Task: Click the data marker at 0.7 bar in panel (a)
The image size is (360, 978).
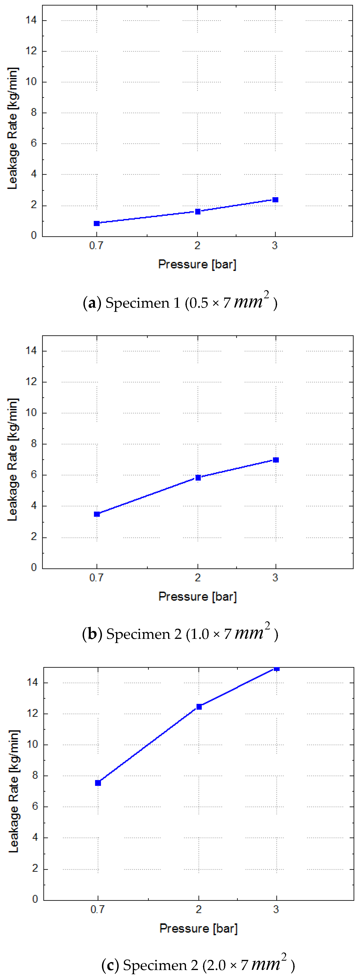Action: [97, 223]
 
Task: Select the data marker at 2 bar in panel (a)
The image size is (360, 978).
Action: [198, 211]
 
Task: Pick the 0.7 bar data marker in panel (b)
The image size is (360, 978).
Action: [97, 514]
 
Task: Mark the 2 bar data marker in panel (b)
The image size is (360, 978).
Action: [198, 478]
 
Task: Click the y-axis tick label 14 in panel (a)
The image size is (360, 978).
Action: [31, 20]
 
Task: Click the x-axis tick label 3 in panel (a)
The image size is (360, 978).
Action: [275, 246]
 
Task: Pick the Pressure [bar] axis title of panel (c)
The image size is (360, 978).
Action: [198, 928]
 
